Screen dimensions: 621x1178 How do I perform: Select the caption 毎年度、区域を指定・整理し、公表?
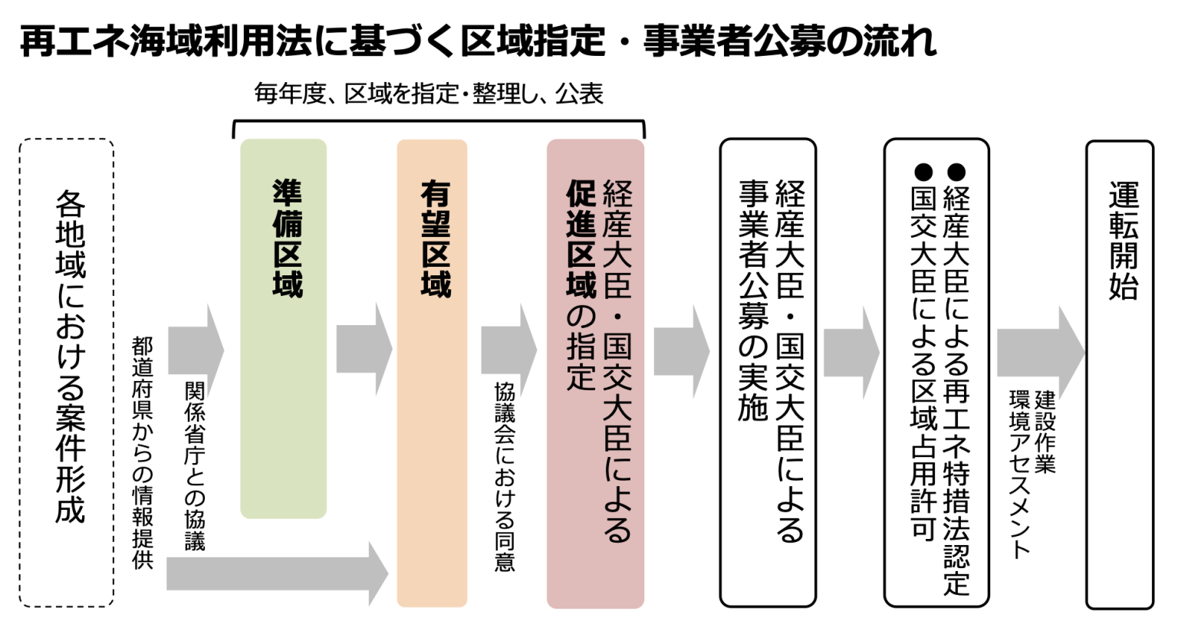coord(429,94)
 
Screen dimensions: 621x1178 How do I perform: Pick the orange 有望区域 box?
coord(432,373)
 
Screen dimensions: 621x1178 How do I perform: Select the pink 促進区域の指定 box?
coord(595,373)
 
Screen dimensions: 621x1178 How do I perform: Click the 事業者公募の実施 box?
coord(767,373)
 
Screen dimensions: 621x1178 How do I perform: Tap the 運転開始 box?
coord(1120,373)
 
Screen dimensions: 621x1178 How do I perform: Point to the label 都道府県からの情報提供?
coord(143,452)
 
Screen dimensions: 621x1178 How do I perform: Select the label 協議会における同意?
coord(504,475)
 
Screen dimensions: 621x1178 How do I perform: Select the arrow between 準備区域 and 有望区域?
coord(364,350)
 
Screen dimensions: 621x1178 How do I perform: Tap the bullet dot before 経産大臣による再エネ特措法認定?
coord(956,171)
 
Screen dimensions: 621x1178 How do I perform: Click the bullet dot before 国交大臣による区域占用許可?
coord(923,171)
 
